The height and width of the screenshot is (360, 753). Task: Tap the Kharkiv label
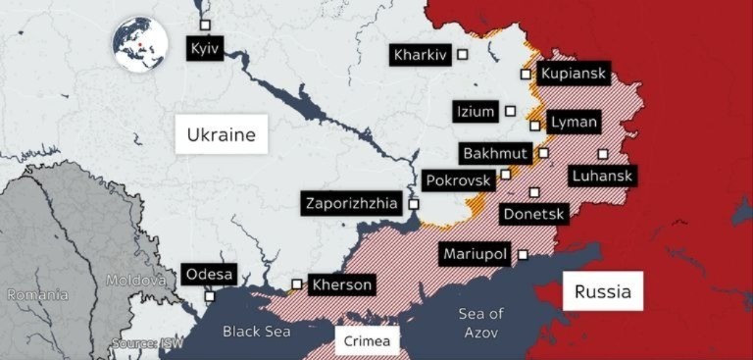coord(420,55)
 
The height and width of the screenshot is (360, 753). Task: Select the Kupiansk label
coord(575,74)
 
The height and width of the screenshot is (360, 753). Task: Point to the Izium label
coord(476,111)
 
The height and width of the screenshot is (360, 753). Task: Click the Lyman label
coord(568,123)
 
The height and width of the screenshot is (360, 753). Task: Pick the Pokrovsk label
coord(457,180)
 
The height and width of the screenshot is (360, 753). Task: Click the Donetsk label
coord(532,213)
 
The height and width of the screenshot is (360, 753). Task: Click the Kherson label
coord(341,285)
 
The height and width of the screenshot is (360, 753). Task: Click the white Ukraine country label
coord(221,134)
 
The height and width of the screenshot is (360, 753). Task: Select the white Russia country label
coord(602,291)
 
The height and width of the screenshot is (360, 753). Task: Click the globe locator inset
coord(141,45)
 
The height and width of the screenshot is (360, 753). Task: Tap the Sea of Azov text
coord(480,322)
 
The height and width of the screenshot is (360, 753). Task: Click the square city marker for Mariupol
coord(523,255)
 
